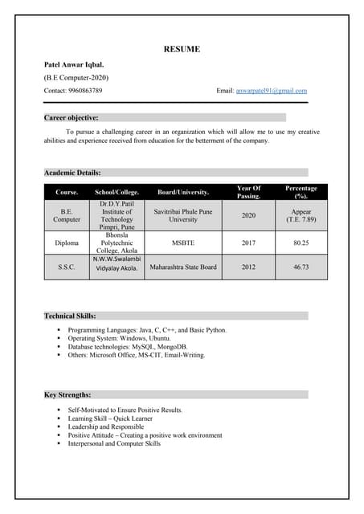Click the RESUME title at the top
pyautogui.click(x=182, y=49)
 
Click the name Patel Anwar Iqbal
pyautogui.click(x=74, y=63)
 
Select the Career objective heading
pyautogui.click(x=72, y=117)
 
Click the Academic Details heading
pyautogui.click(x=72, y=172)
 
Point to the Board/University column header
pyautogui.click(x=183, y=192)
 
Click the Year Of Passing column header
pyautogui.click(x=248, y=192)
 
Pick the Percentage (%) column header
pyautogui.click(x=301, y=192)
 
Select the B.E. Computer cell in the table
pyautogui.click(x=67, y=214)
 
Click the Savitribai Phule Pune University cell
pyautogui.click(x=183, y=214)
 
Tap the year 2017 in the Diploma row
pyautogui.click(x=248, y=242)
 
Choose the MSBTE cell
pyautogui.click(x=183, y=242)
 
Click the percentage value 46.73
pyautogui.click(x=301, y=267)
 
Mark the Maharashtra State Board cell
pyautogui.click(x=183, y=267)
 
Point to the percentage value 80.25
pyautogui.click(x=301, y=242)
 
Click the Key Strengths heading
pyautogui.click(x=67, y=394)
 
